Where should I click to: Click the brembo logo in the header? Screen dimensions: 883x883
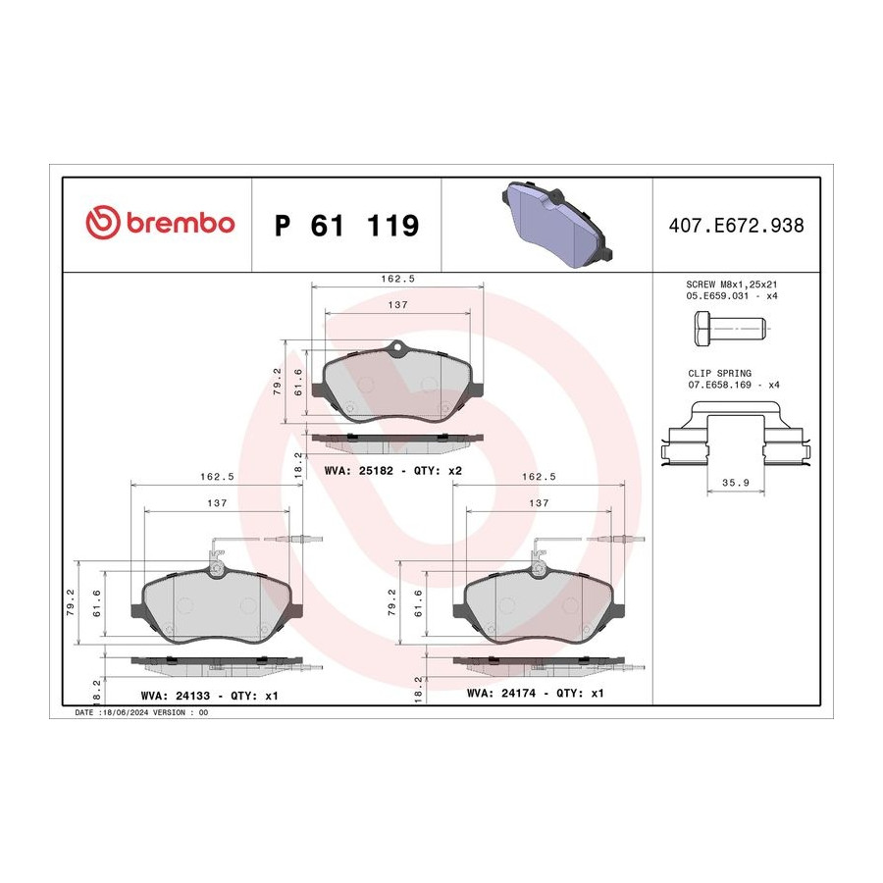160,222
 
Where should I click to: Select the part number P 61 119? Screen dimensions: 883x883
347,226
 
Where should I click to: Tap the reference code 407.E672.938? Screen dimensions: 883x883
736,226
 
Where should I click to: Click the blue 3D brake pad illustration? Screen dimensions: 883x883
557,224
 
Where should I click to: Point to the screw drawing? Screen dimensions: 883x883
730,328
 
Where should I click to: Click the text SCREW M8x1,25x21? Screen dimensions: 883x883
732,285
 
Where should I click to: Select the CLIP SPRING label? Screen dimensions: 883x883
719,374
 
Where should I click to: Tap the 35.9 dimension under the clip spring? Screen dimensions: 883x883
736,483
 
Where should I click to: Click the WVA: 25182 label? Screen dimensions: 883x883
359,470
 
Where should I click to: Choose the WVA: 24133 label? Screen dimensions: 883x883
176,696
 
